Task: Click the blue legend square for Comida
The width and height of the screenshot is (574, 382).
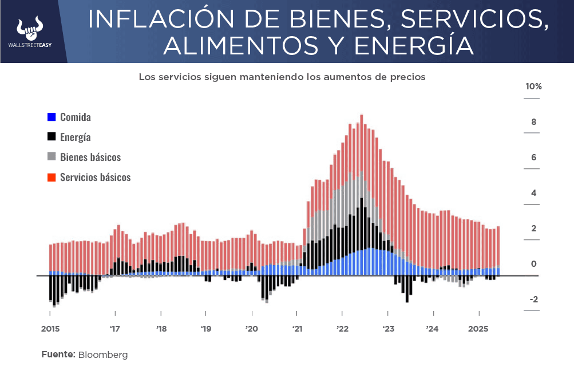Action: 52,117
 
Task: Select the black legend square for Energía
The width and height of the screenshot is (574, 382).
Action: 52,137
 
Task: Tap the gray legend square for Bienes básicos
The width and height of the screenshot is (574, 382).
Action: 52,157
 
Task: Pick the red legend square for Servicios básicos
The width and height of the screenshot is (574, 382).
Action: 52,177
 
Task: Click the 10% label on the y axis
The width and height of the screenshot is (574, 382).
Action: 533,86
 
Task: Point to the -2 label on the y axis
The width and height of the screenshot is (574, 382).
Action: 533,300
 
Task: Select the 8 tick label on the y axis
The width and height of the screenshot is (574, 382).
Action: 533,122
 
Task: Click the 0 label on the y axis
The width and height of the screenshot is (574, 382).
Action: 533,264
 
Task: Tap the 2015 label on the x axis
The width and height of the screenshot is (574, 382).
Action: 50,329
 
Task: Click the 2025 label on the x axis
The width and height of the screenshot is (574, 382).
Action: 479,329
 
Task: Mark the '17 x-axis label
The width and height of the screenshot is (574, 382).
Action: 115,329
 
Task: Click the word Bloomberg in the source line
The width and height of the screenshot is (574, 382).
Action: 103,355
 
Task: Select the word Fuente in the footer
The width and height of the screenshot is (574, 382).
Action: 57,355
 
